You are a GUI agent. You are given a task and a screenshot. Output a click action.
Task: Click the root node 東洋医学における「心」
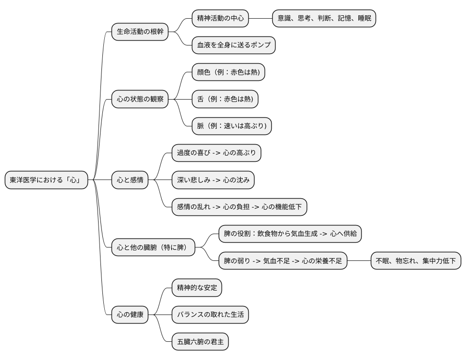(46, 180)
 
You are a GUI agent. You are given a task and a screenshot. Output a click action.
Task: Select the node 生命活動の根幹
(140, 32)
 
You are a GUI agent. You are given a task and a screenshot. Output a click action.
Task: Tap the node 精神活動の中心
(220, 19)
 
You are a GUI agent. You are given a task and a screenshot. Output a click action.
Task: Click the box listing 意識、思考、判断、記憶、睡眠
(324, 19)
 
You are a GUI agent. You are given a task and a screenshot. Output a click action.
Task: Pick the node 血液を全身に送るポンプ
(233, 45)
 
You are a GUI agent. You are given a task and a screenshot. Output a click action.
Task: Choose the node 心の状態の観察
(140, 99)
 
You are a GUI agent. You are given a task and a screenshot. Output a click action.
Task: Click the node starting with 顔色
(228, 72)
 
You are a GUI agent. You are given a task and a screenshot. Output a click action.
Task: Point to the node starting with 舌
(225, 99)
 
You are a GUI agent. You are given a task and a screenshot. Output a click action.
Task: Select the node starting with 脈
(232, 126)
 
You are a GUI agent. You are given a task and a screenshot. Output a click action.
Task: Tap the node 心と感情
(130, 180)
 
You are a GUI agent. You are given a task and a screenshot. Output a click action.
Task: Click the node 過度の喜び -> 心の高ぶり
(216, 153)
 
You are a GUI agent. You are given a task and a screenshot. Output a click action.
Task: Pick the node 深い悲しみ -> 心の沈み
(213, 180)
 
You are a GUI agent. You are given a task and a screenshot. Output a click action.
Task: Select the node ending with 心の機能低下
(239, 207)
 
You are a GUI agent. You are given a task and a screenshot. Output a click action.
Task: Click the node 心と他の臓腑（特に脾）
(154, 247)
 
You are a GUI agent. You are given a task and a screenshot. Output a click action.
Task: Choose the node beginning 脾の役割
(290, 234)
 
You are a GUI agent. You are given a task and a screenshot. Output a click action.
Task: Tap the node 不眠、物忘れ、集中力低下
(416, 261)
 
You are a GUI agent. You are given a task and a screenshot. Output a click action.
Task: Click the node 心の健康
(130, 315)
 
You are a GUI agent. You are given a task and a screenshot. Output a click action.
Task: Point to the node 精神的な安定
(197, 288)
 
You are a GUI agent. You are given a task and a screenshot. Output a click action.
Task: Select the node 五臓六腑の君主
(200, 341)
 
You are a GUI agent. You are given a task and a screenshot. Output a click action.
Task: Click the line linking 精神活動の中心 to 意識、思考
(260, 19)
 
